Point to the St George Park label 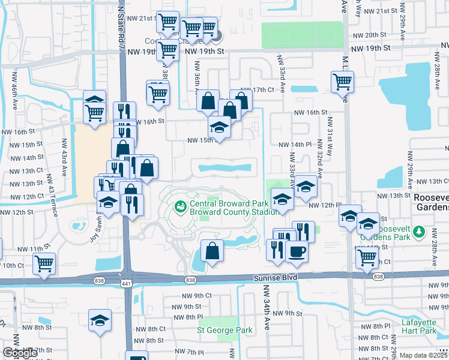[x=225, y=330]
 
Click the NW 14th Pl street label [x=296, y=145]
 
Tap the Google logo [x=20, y=353]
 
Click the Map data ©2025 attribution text [x=424, y=355]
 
